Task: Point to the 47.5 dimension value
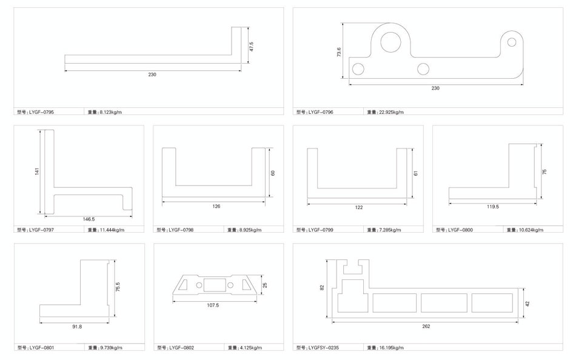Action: pyautogui.click(x=250, y=46)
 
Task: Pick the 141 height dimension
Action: pyautogui.click(x=37, y=172)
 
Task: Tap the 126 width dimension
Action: pyautogui.click(x=216, y=207)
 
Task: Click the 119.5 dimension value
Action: pyautogui.click(x=492, y=207)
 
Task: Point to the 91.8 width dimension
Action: pyautogui.click(x=76, y=327)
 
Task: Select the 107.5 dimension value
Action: pyautogui.click(x=212, y=305)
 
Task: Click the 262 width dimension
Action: pyautogui.click(x=426, y=326)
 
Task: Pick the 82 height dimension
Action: pyautogui.click(x=323, y=288)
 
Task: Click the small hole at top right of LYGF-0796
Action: pyautogui.click(x=512, y=42)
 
